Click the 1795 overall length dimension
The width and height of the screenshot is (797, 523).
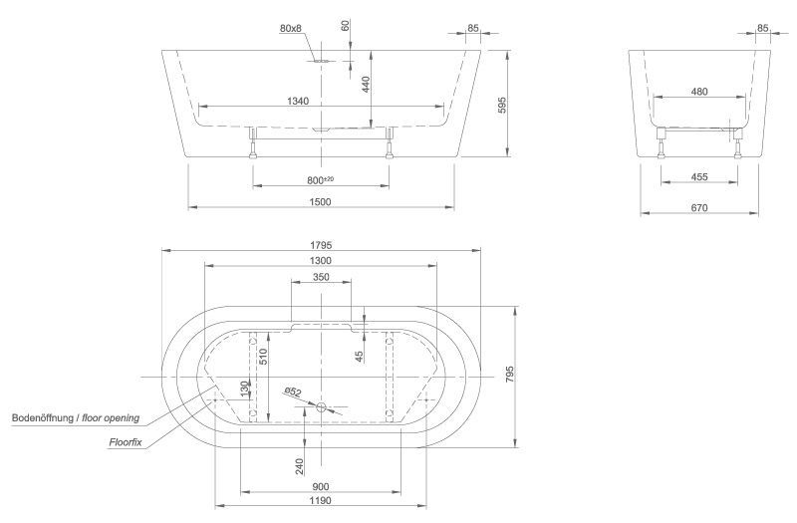coord(320,244)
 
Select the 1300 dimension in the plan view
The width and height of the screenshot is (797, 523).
coord(320,260)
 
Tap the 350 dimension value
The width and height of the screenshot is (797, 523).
coord(320,277)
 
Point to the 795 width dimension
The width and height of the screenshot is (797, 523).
coord(510,375)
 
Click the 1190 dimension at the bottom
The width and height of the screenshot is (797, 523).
coord(320,502)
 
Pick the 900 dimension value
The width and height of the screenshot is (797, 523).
coord(320,487)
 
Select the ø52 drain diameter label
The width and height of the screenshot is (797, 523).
coord(293,392)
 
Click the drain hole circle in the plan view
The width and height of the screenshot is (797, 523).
coord(321,406)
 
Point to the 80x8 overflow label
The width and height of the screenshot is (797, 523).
coord(291,29)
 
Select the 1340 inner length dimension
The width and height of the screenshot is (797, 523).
coord(297,100)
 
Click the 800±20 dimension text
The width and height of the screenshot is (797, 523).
coord(320,179)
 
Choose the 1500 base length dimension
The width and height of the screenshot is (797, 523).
coord(320,202)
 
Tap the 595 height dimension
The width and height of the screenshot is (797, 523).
coord(502,104)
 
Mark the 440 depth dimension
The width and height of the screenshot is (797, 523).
coord(367,85)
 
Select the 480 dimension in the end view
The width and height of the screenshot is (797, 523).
coord(698,92)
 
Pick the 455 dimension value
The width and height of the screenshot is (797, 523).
coord(698,177)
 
